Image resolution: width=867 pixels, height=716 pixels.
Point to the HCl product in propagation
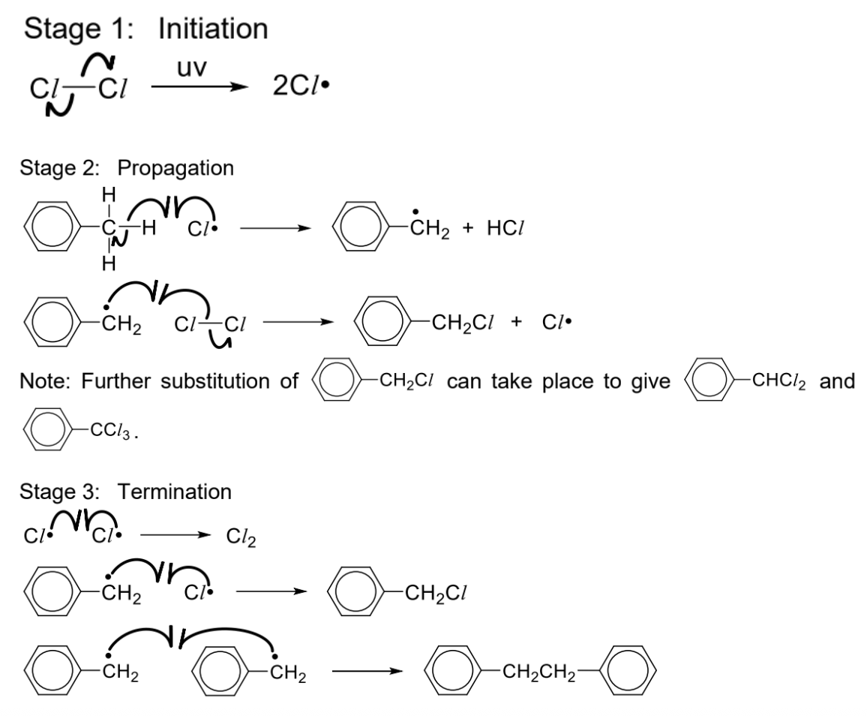tap(505, 228)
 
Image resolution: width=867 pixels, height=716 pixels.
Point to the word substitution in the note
tap(229, 381)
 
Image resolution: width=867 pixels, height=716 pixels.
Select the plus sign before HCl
tap(468, 228)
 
